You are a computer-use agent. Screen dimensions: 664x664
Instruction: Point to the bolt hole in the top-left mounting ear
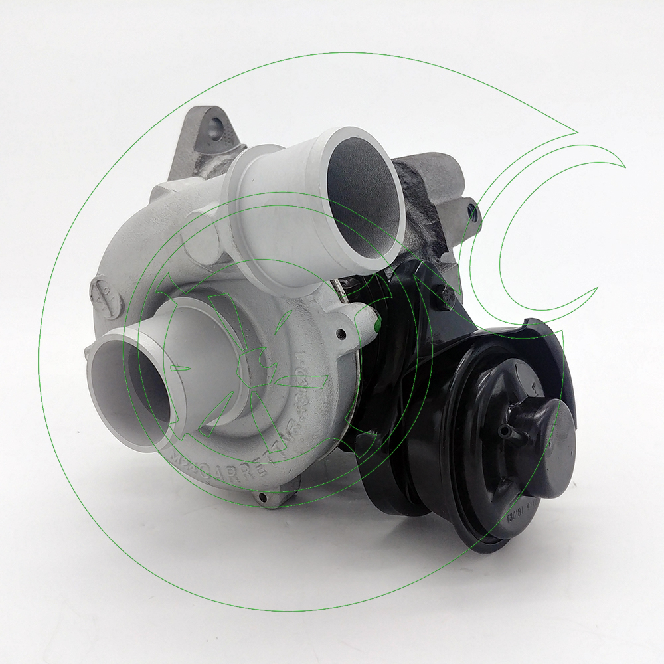(215, 124)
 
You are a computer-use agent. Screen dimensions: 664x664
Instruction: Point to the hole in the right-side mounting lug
(473, 212)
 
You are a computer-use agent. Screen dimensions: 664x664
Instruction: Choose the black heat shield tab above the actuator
(538, 332)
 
